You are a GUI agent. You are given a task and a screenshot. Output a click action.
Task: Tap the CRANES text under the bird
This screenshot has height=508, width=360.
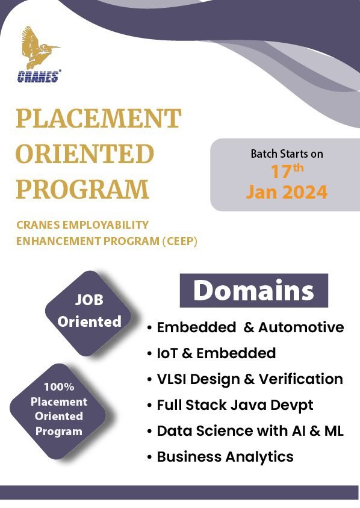point(39,76)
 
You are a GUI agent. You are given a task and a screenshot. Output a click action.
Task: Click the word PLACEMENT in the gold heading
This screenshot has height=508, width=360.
point(98,119)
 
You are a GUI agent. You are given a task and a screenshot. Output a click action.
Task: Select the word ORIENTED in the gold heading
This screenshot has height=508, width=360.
point(85,154)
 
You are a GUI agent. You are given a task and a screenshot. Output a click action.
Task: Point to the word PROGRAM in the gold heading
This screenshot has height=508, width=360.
point(82,190)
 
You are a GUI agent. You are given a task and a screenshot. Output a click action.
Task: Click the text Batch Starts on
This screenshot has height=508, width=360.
point(287,153)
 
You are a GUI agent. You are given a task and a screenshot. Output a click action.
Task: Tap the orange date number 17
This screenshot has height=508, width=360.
point(281,172)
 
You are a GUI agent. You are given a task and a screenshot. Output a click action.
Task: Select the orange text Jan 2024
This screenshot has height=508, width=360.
point(287,192)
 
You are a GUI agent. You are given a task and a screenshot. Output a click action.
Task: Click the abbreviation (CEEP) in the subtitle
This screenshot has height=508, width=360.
point(179,241)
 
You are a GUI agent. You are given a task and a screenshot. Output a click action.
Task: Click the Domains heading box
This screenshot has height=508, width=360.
point(253,291)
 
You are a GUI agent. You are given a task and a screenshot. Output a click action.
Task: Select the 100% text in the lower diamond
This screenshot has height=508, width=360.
point(58,387)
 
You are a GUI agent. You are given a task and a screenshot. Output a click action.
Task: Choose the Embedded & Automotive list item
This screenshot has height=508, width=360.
point(250,327)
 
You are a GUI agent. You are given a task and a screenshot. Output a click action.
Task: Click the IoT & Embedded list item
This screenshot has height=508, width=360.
point(216,353)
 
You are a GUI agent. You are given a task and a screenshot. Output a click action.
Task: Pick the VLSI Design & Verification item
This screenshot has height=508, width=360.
point(249,379)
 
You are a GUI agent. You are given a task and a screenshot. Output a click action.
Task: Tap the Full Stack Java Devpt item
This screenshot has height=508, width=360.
point(235,405)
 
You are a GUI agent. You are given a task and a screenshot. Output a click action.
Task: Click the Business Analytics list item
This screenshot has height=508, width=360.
point(225,457)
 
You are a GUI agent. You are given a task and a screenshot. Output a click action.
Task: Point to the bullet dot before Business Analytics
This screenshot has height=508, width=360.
point(149,457)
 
